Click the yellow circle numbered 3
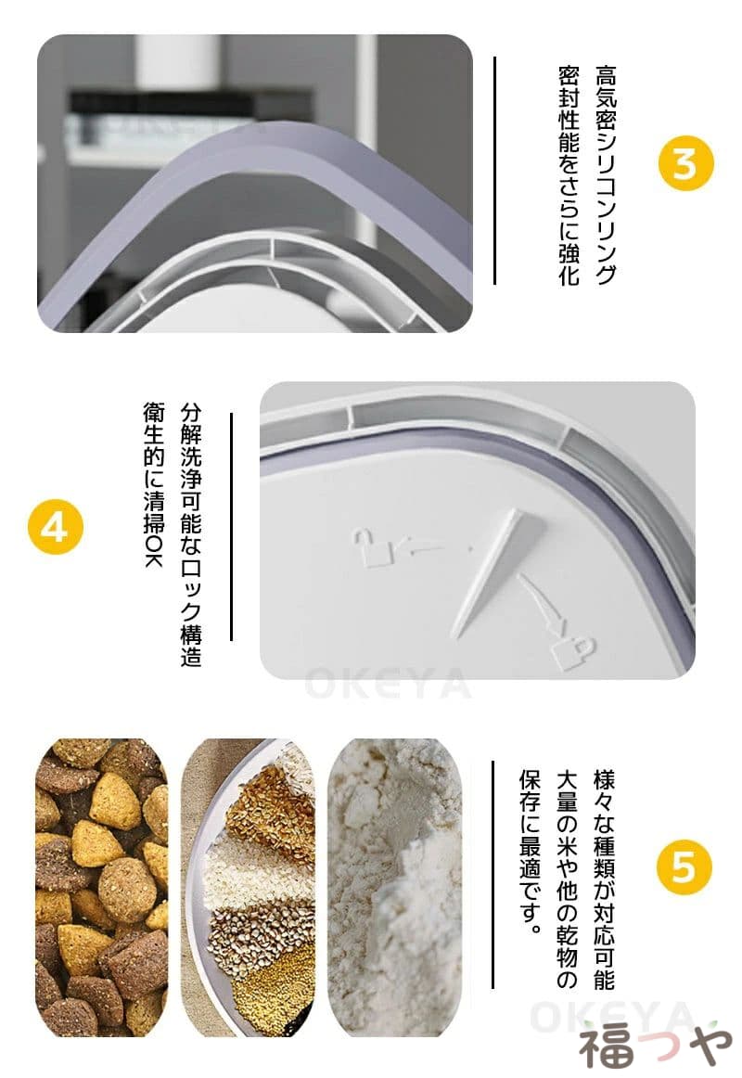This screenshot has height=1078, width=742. point(685,163)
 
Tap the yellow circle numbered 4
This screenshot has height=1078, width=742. point(55,528)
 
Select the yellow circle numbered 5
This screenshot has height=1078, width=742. point(684,866)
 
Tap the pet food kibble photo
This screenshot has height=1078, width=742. point(102,888)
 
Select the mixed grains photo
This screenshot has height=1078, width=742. point(248,888)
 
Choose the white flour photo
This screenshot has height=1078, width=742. point(394,888)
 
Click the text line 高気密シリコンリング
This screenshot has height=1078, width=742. point(606,174)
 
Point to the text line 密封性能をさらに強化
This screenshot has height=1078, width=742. point(569,174)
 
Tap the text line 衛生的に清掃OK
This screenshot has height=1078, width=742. point(154,484)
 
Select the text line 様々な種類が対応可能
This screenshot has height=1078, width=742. point(604,880)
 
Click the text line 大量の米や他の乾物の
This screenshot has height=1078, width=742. point(568,880)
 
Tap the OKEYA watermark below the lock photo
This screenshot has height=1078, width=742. point(389,684)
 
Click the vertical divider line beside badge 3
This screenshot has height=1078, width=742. point(494,171)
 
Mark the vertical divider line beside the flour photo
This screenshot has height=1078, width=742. point(493,875)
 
